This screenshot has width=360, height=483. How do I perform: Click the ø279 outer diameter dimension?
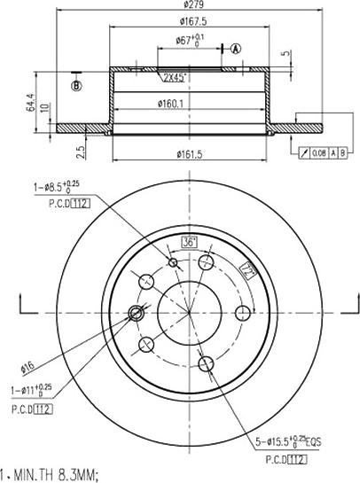(184, 8)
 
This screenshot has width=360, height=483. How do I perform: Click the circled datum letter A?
(236, 48)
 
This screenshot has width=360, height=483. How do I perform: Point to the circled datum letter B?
(77, 85)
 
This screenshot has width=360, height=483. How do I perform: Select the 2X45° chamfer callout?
(174, 77)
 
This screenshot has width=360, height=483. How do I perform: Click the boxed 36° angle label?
(189, 241)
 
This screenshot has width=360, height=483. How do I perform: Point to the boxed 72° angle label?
(249, 273)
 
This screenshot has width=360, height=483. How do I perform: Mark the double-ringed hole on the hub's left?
(137, 312)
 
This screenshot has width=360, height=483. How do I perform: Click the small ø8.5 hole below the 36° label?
(174, 262)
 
